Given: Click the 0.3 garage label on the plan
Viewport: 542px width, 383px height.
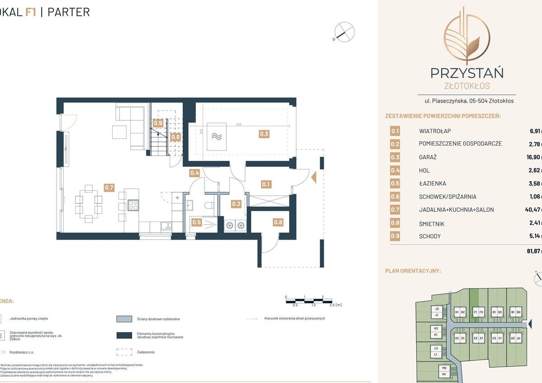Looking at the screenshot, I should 264,133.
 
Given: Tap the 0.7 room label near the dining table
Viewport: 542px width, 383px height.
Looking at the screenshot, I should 109,187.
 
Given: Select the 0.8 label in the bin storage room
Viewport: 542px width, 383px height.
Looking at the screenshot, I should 278,222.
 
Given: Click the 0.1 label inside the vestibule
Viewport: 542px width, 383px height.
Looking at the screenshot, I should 266,184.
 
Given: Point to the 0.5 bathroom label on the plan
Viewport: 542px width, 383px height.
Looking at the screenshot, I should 196,222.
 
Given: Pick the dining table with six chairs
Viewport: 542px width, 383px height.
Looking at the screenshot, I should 88,203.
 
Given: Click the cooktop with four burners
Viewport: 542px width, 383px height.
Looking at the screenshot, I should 133,205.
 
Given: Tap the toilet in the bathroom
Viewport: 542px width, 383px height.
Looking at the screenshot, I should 209,206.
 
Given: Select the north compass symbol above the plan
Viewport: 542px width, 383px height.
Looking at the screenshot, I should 344,33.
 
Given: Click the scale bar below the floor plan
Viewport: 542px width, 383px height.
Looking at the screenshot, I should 309,300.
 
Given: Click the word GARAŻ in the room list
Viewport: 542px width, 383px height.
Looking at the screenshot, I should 428,157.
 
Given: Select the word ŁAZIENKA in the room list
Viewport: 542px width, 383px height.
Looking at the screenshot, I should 433,184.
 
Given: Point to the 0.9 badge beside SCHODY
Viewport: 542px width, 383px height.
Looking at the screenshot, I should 395,236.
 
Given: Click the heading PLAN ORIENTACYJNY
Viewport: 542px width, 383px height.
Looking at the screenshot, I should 413,271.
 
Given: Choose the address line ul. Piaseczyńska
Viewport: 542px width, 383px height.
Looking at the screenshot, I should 466,101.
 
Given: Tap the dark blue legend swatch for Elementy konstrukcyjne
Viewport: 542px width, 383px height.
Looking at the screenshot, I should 124,335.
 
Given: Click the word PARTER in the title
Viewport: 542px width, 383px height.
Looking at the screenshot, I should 69,12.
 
